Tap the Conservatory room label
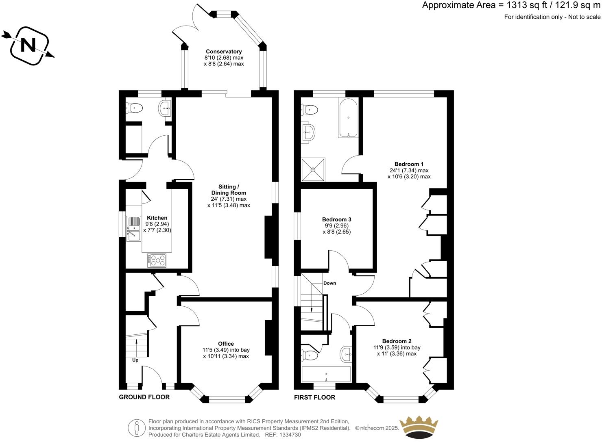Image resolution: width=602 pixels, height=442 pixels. tap(224, 52)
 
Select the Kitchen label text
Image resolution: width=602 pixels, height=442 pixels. tap(157, 218)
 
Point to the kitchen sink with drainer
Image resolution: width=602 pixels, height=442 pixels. tap(133, 228)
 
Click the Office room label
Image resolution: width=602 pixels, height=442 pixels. tap(226, 344)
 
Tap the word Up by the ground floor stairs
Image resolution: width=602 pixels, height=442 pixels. tap(135, 360)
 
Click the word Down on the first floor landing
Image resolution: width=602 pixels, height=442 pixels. tap(329, 283)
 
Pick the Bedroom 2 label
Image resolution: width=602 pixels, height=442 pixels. tap(397, 341)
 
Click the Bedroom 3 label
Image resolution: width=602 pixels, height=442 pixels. tap(336, 219)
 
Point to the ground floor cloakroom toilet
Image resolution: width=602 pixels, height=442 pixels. tap(135, 108)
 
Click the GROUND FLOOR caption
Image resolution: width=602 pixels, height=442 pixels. tap(144, 397)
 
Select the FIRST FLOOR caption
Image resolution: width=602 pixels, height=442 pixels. tap(314, 397)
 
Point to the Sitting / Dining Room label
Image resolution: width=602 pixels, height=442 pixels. tap(229, 190)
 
